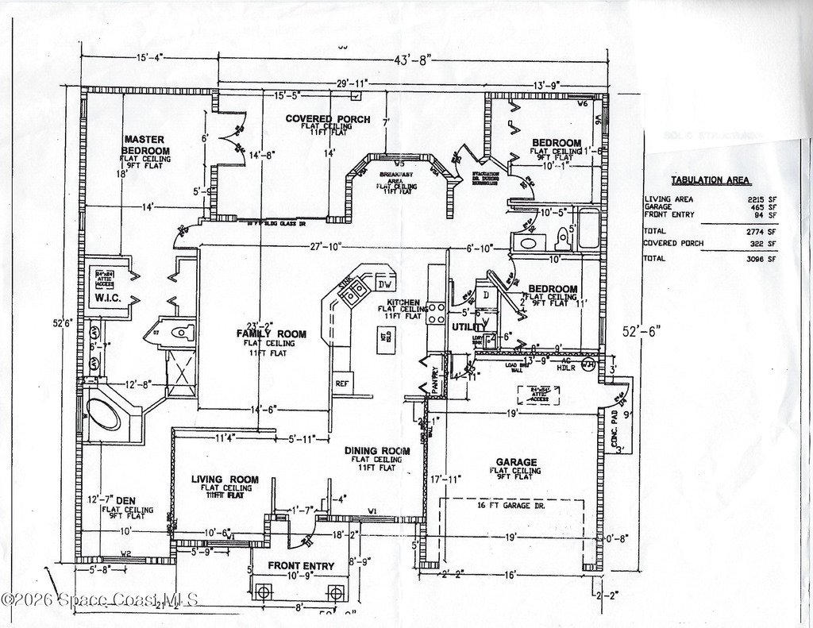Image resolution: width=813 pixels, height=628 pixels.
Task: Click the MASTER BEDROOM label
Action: [x=145, y=145]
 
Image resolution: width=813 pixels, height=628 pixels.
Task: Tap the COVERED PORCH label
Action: [x=328, y=119]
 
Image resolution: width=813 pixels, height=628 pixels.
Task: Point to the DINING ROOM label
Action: [x=377, y=451]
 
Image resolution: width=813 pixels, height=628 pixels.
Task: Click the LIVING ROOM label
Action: [x=225, y=479]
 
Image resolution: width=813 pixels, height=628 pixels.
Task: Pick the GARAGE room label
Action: [x=516, y=462]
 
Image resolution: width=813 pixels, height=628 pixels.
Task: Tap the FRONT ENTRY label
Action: [x=301, y=566]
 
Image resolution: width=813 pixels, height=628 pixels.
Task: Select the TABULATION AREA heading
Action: [x=711, y=180]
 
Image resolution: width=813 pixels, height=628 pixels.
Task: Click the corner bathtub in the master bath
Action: [x=104, y=413]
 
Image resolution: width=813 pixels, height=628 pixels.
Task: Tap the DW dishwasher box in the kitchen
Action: [x=385, y=284]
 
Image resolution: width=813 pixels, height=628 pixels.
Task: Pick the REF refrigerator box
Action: [x=342, y=383]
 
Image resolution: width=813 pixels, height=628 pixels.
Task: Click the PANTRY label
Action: [x=435, y=380]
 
